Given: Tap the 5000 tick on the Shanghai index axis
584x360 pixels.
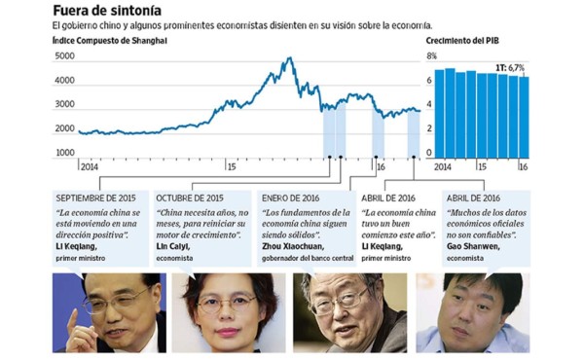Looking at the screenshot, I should pyautogui.click(x=63, y=57).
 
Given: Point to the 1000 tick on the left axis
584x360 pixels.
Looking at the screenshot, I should pyautogui.click(x=63, y=153).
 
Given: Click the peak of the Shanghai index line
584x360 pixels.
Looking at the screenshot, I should pyautogui.click(x=288, y=58).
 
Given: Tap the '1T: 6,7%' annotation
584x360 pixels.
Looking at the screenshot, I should pyautogui.click(x=508, y=68).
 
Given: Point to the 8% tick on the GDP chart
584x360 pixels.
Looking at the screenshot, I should pyautogui.click(x=432, y=57).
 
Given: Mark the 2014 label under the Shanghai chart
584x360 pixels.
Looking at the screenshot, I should pyautogui.click(x=90, y=165).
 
